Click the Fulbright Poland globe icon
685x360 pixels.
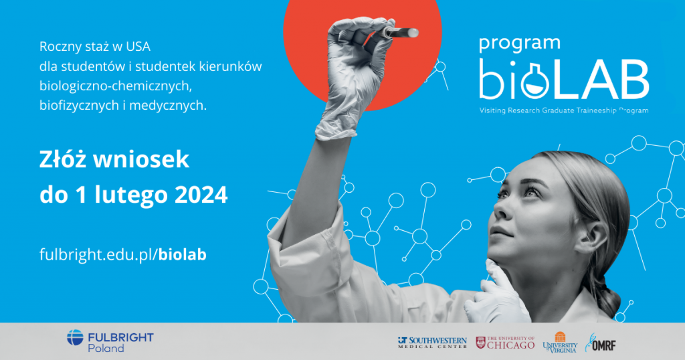coord(75,338)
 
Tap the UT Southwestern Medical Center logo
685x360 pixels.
coord(432,342)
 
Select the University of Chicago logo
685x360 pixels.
coord(506,343)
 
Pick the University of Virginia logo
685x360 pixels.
coord(560,342)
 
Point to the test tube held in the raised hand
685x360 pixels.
coord(401,32)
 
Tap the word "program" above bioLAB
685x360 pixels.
coord(519,44)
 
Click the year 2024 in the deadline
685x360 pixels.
coord(201,195)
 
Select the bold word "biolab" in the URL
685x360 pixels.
coord(182,254)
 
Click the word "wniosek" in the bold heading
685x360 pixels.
coord(141,159)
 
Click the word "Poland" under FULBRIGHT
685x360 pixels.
coord(106,348)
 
